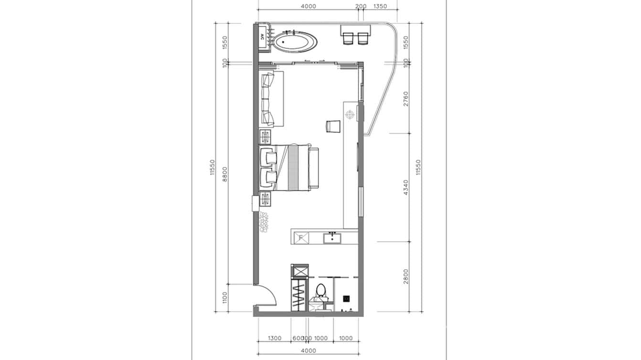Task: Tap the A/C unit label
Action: [263, 36]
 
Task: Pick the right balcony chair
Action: [363, 38]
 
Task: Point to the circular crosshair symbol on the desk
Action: [350, 114]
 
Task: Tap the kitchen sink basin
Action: [332, 237]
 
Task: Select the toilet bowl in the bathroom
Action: [321, 291]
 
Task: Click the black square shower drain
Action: [347, 298]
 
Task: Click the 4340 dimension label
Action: [406, 188]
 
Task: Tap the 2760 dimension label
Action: [406, 98]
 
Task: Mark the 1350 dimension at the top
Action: [380, 6]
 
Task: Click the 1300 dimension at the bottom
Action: [275, 339]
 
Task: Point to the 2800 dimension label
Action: [406, 276]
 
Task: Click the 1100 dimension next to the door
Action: [225, 297]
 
